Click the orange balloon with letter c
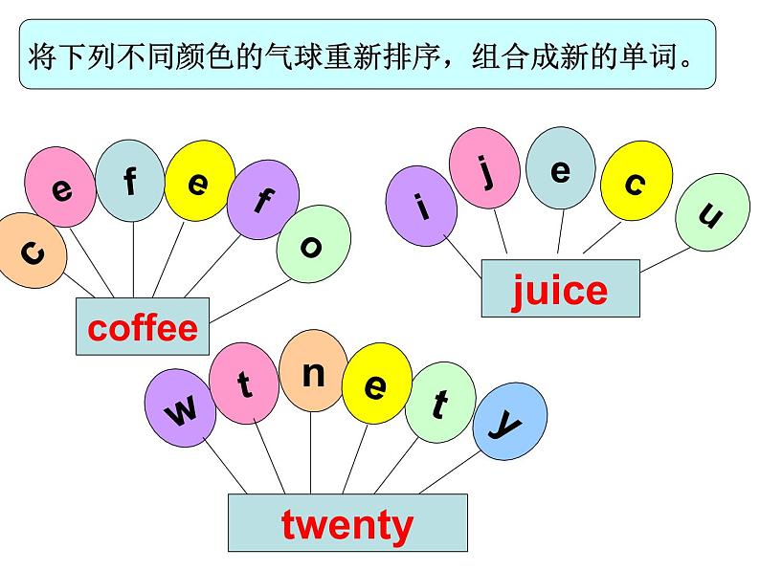[x=32, y=252]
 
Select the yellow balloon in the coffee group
[x=199, y=181]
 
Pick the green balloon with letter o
[x=311, y=246]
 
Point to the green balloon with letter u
[x=710, y=216]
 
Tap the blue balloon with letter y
[x=509, y=421]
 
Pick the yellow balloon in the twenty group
[x=376, y=384]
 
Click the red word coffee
[x=143, y=328]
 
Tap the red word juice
[x=560, y=289]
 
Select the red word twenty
[x=346, y=523]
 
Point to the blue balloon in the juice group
[x=561, y=170]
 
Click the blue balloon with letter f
[x=131, y=180]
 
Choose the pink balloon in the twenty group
[x=245, y=384]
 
